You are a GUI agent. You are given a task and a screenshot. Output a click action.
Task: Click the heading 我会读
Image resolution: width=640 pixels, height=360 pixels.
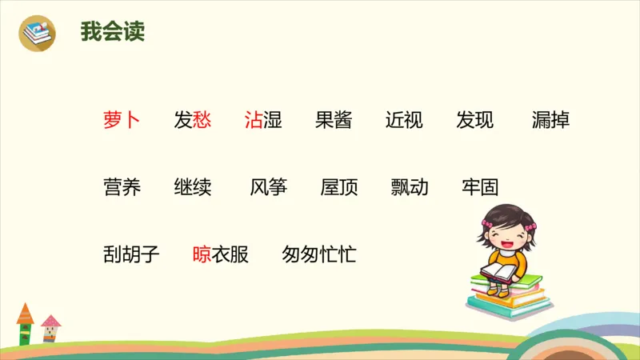(112, 33)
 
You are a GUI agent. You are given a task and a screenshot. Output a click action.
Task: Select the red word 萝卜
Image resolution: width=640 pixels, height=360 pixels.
(122, 120)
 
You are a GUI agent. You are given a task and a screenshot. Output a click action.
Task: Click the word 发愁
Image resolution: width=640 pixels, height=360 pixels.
(192, 120)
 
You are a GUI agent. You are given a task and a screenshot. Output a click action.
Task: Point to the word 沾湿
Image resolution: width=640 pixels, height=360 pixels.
(263, 120)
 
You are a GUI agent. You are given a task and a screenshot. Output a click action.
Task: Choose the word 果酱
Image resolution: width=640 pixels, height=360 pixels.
(334, 120)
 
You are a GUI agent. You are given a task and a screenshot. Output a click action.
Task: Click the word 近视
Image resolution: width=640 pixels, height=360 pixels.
(404, 120)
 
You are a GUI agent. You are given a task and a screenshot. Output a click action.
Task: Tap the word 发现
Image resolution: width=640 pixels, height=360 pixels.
(475, 120)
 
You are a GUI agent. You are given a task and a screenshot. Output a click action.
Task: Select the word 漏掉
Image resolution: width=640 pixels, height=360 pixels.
(550, 120)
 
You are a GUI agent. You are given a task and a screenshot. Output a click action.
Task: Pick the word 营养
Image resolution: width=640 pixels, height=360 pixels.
(122, 187)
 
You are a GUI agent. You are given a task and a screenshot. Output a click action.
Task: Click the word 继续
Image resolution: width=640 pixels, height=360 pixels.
(192, 187)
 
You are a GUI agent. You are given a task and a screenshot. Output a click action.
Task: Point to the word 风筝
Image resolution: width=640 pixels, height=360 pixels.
(268, 187)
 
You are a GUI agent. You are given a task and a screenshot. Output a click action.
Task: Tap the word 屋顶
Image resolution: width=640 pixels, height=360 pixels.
(339, 187)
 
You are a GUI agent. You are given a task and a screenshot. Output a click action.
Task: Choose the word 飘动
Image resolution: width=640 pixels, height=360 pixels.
(410, 187)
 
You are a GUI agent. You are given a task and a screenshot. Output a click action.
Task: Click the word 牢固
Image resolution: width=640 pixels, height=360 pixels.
(480, 187)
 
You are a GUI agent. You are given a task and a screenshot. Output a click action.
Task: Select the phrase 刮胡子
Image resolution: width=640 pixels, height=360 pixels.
(131, 254)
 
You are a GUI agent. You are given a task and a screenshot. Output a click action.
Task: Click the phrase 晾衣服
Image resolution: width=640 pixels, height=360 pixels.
(221, 254)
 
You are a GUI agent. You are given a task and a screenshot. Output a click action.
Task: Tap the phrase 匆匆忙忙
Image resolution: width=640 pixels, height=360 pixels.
(319, 254)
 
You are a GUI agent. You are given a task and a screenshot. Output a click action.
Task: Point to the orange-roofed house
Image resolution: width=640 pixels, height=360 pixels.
(25, 323)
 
